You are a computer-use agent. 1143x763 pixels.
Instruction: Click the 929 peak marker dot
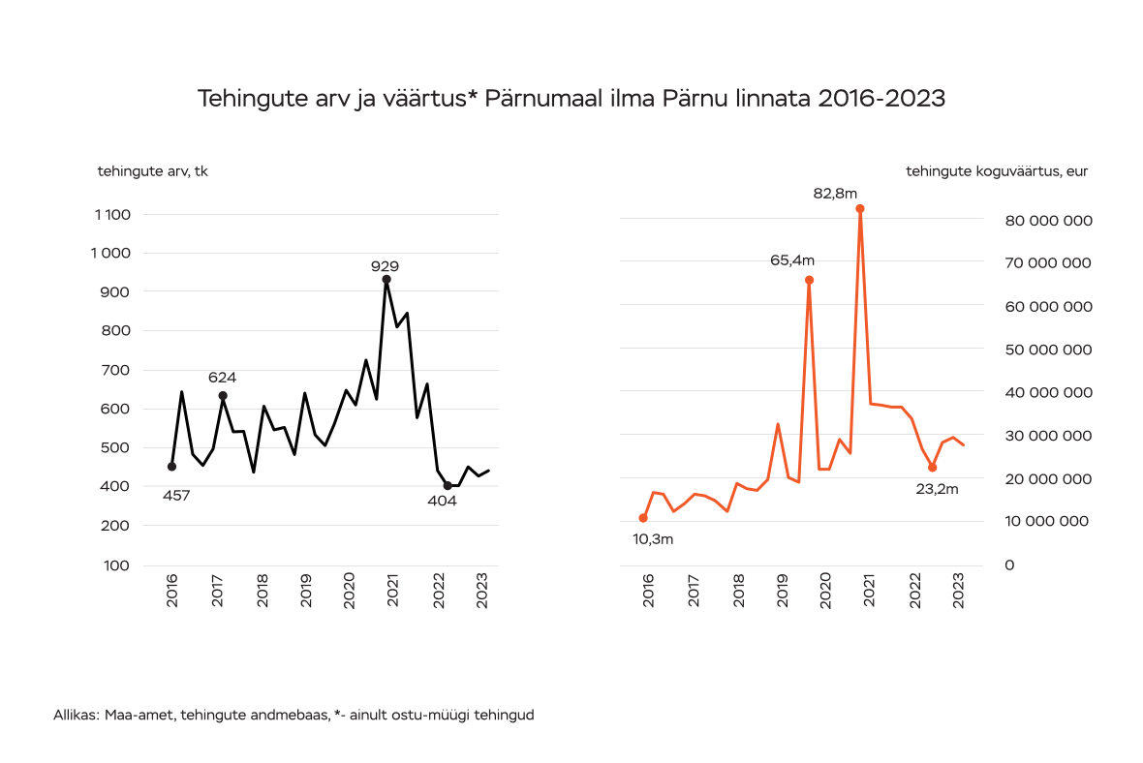point(386,279)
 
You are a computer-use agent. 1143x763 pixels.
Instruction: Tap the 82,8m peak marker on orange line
point(859,209)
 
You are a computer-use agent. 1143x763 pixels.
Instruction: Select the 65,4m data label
point(791,259)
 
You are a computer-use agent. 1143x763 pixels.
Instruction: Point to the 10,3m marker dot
point(643,518)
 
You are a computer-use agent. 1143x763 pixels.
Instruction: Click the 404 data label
point(442,501)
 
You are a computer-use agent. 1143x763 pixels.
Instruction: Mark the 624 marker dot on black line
point(223,395)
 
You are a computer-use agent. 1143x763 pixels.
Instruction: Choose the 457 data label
point(175,495)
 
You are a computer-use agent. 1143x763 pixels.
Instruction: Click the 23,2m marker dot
point(932,468)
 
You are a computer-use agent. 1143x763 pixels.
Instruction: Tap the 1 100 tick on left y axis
point(113,214)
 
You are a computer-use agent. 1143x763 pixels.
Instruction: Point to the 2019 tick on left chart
point(306,593)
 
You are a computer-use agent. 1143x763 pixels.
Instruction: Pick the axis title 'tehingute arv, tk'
point(152,171)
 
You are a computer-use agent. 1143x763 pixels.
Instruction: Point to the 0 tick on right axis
point(1009,565)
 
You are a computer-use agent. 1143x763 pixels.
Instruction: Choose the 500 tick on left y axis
point(117,447)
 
